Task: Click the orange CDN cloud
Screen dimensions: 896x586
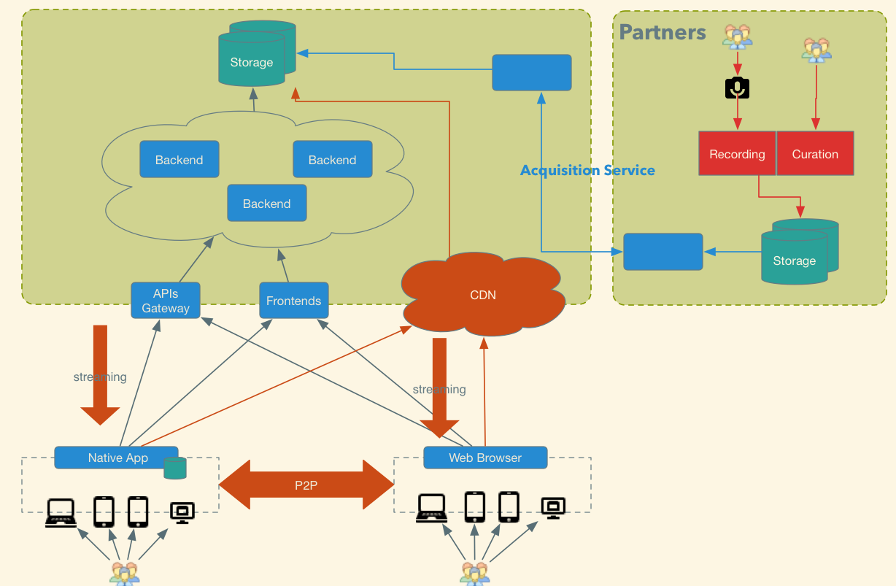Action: [x=483, y=294]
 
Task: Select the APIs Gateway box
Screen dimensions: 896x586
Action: [x=166, y=301]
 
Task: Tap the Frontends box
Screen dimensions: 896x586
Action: [x=294, y=301]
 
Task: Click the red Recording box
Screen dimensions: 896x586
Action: [x=737, y=153]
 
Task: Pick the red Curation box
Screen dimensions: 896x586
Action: [x=815, y=153]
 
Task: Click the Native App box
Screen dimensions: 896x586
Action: [x=117, y=458]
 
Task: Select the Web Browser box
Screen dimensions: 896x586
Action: [x=485, y=458]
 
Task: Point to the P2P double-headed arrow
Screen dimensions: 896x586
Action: [x=306, y=485]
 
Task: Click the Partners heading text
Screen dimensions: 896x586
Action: [x=663, y=32]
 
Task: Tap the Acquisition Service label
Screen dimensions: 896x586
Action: [x=587, y=171]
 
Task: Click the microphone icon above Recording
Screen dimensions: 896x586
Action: [x=737, y=88]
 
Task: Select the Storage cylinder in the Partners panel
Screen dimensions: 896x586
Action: [x=800, y=252]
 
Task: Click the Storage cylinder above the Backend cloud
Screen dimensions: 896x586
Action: [x=258, y=53]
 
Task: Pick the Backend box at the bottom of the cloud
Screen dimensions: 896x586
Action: [x=267, y=203]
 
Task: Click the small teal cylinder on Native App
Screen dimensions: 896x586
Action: [x=175, y=468]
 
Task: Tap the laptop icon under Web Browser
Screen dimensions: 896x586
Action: [x=432, y=509]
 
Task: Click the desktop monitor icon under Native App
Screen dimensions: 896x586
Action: [x=182, y=513]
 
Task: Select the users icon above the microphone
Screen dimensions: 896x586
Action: [x=737, y=36]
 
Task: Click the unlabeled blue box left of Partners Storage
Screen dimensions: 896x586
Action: [x=663, y=252]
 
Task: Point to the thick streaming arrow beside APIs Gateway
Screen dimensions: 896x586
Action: [x=100, y=375]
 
